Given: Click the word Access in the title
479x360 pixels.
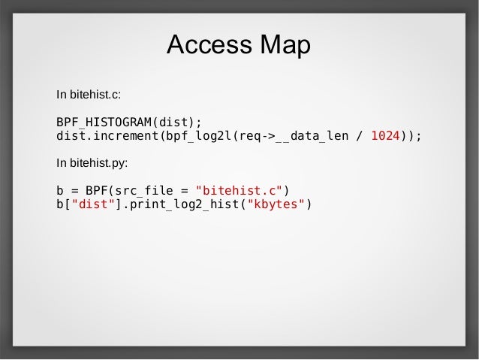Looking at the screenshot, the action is tap(209, 47).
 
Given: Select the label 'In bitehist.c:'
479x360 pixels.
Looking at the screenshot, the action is tap(89, 95).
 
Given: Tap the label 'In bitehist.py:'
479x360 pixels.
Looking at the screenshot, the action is tap(92, 162).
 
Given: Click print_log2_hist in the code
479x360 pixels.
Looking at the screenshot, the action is tap(183, 204).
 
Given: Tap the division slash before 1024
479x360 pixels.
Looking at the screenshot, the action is tap(360, 137).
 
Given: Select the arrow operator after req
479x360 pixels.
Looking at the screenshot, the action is tap(267, 137).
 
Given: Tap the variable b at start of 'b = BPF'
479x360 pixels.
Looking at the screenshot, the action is tap(60, 189).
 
